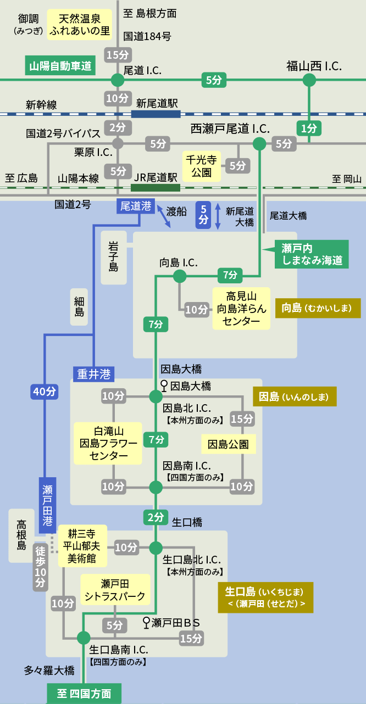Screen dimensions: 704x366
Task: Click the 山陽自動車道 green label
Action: (x=60, y=66)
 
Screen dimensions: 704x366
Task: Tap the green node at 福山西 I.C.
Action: (x=309, y=80)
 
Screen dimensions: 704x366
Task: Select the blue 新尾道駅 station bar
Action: (x=156, y=114)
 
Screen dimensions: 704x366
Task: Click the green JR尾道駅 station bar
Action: (x=156, y=187)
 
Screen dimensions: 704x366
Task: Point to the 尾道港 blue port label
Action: (x=135, y=206)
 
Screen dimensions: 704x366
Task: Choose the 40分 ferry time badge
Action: (x=45, y=392)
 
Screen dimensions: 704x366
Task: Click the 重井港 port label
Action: (x=93, y=374)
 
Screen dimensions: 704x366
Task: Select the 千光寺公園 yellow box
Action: (x=202, y=166)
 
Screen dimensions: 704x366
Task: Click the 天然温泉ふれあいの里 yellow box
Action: (x=80, y=25)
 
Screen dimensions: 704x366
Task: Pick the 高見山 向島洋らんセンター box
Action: (x=242, y=308)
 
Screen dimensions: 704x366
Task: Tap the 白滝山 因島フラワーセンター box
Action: (x=108, y=443)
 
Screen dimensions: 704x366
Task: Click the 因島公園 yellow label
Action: (x=228, y=444)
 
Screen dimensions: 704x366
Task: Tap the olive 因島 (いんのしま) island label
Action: (x=294, y=396)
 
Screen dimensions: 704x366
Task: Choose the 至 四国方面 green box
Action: (x=84, y=694)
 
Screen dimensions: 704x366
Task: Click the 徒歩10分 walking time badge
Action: (x=40, y=567)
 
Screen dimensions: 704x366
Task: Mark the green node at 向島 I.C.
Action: (x=180, y=276)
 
